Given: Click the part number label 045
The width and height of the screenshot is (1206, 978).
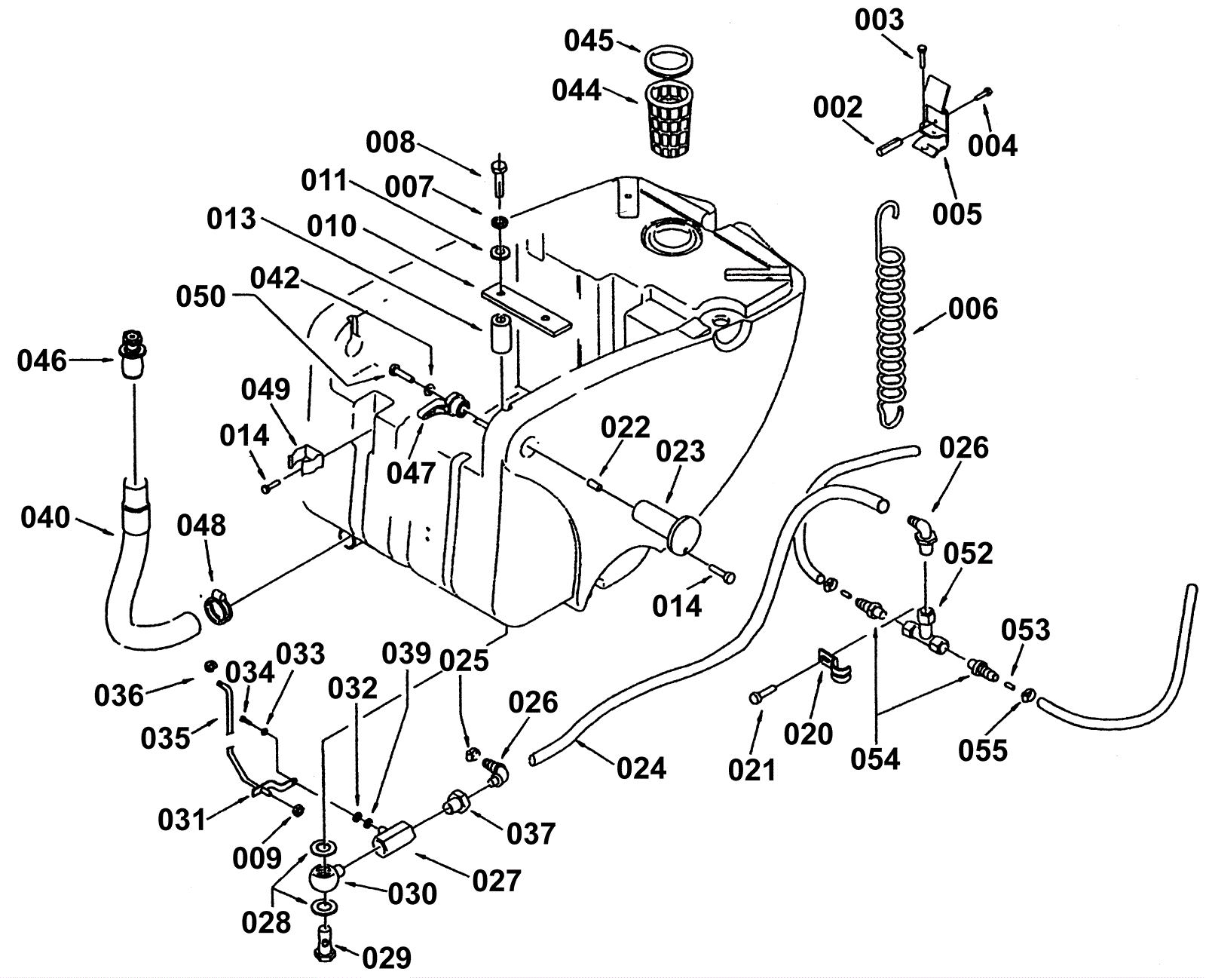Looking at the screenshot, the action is (589, 41).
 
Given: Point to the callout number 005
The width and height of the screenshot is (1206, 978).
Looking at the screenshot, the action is (957, 214).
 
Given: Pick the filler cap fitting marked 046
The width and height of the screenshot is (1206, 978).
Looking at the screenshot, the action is (133, 354).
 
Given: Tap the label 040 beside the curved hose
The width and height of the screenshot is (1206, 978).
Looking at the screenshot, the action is (45, 517).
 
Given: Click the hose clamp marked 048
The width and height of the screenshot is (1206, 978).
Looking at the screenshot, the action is (217, 606).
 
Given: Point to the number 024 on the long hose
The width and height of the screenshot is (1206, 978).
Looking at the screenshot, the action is (641, 768).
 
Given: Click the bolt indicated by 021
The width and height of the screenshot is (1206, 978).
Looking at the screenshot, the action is (761, 694).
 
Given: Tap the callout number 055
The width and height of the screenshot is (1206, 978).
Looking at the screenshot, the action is (983, 750).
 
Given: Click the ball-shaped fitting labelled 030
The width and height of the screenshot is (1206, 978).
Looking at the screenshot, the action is (325, 878).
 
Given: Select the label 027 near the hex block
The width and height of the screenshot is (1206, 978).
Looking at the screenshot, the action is (496, 881).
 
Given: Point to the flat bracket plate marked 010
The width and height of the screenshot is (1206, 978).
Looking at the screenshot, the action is (526, 311).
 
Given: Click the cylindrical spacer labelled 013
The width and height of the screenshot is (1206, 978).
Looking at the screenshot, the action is (500, 333).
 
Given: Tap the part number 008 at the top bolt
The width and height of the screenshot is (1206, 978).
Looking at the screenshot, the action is (390, 142).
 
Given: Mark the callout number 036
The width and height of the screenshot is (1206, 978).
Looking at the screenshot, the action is (119, 695).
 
